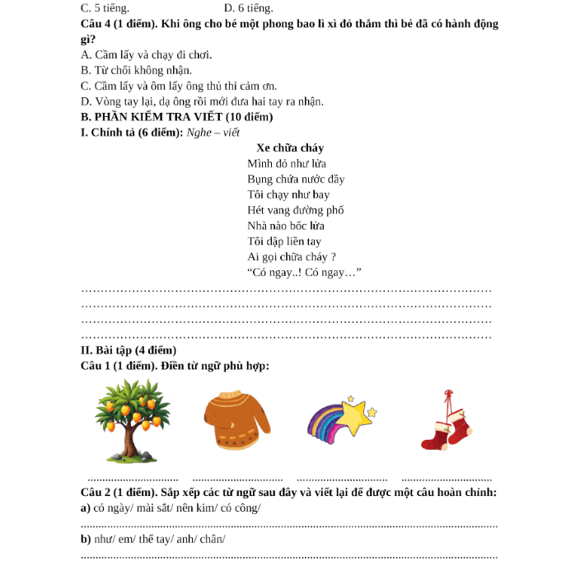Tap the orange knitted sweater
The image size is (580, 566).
tap(237, 421)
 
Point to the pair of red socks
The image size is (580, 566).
tap(447, 423)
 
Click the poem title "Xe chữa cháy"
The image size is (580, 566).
tap(284, 148)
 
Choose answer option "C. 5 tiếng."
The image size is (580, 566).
tap(105, 7)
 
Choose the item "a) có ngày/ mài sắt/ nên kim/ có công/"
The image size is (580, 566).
tap(171, 508)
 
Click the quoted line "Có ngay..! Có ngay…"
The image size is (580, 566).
tap(305, 273)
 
